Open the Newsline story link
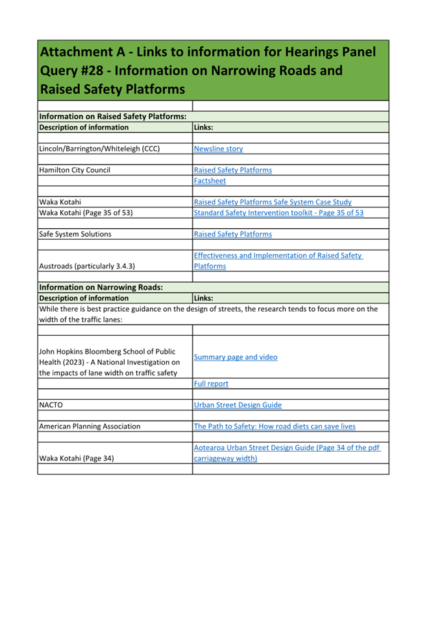(x=218, y=149)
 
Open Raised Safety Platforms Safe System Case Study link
(x=273, y=202)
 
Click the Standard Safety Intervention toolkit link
(x=278, y=213)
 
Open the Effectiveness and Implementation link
(x=278, y=256)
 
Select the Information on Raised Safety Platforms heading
(x=113, y=117)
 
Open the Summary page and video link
(x=235, y=357)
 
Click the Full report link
(x=211, y=384)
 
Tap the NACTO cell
(x=50, y=405)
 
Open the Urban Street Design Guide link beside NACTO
(x=237, y=405)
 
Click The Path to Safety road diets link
(x=274, y=426)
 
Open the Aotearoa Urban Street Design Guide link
(x=287, y=448)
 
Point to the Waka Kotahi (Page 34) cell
(x=77, y=458)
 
